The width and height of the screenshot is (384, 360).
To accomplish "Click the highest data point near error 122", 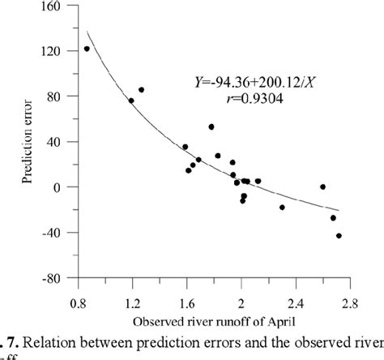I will click(87, 49).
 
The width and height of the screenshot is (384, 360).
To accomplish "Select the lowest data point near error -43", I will click(339, 236).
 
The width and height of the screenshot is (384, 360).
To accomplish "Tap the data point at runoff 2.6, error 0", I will click(322, 186).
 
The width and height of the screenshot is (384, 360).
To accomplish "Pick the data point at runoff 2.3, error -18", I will click(282, 208).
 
